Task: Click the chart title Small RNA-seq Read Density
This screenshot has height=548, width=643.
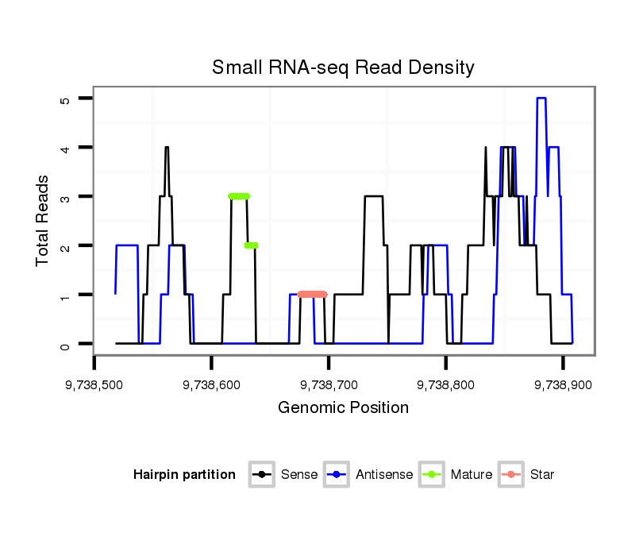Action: [343, 68]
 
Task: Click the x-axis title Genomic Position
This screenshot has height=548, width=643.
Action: [343, 408]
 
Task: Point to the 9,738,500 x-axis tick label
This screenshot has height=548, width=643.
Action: [94, 384]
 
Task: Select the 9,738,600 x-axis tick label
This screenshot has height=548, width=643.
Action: [211, 384]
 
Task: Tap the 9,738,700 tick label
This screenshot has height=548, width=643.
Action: [329, 384]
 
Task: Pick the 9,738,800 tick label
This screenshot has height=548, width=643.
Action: [445, 384]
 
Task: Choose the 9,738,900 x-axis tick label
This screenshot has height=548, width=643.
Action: [563, 384]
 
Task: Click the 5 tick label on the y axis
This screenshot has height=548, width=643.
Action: [66, 98]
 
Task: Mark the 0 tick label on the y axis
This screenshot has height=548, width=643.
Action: [66, 344]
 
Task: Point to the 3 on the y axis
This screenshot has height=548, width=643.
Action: [66, 196]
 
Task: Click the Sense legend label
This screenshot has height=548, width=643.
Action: [299, 475]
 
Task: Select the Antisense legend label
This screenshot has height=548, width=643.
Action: [384, 475]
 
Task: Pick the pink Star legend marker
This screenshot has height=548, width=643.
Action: [513, 475]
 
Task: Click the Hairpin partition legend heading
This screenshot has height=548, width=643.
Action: [185, 475]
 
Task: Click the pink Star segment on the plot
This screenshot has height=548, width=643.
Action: [312, 295]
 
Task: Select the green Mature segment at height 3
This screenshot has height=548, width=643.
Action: [239, 196]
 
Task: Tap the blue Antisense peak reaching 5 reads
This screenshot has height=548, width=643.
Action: [541, 98]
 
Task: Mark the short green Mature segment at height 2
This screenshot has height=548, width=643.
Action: [251, 245]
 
